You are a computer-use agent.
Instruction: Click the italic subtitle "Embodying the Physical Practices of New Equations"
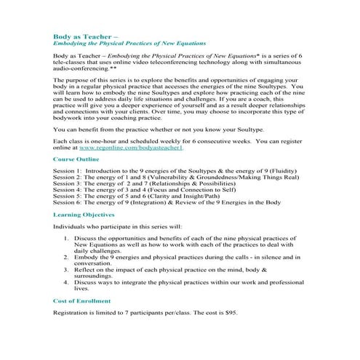coord(129,43)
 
